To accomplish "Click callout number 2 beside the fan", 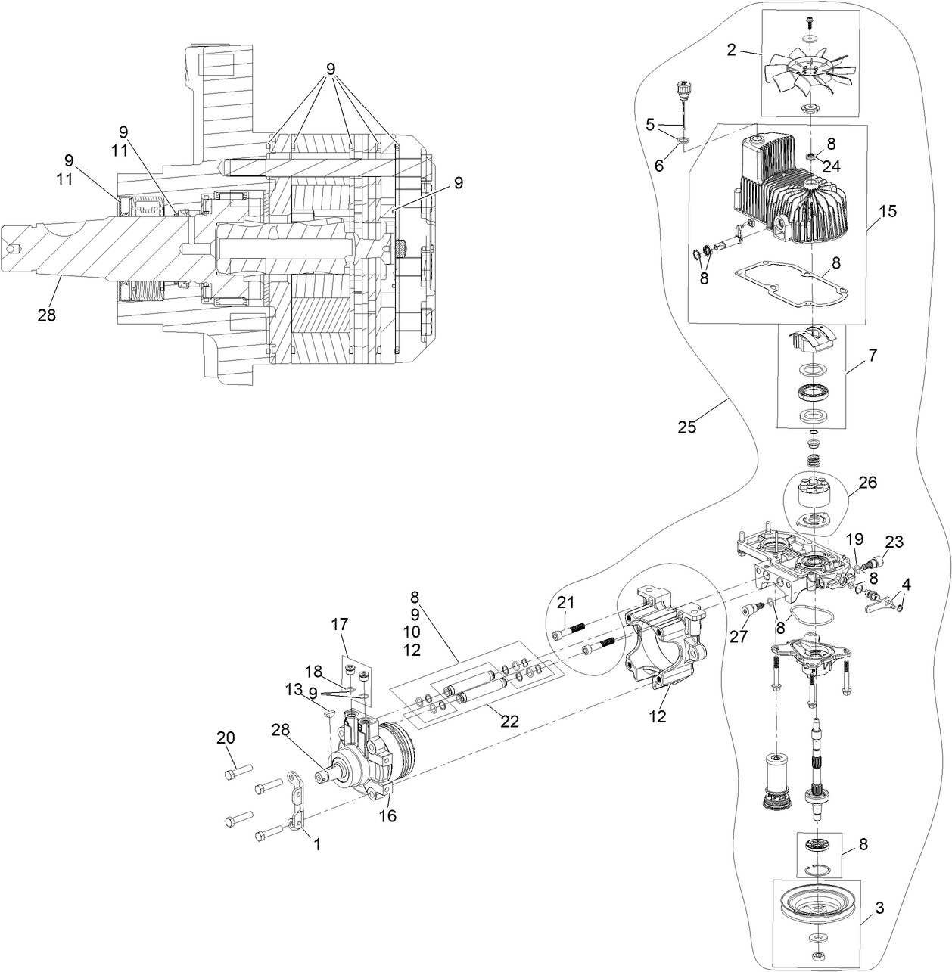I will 731,50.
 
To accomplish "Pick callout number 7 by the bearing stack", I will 873,355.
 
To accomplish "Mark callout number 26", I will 867,482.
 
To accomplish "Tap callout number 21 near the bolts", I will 566,602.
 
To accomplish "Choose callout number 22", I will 509,721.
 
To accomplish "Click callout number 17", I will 339,624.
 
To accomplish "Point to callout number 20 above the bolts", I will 226,738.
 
